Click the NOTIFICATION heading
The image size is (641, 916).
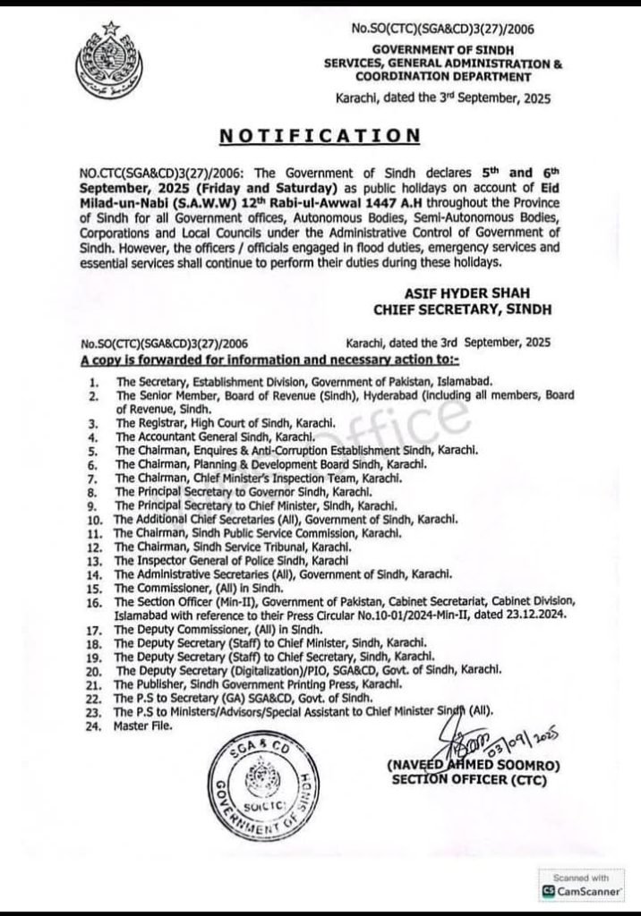[x=320, y=135]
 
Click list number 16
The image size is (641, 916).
[x=94, y=603]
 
